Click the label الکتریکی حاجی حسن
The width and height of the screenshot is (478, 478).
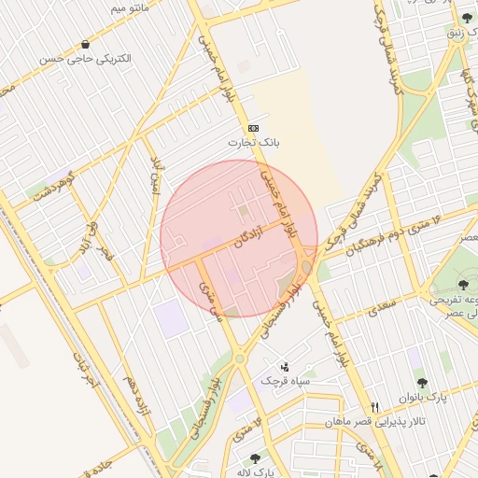(86, 59)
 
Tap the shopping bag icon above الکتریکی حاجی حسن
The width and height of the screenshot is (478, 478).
(86, 44)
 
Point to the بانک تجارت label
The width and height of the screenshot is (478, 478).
(254, 143)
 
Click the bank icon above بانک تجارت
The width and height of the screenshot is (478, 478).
(253, 128)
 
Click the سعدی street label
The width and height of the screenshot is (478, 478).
(381, 307)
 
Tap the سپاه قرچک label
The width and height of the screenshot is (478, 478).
(285, 381)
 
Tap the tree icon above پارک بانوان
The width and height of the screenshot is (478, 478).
(421, 382)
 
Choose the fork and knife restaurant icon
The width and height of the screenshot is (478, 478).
(375, 407)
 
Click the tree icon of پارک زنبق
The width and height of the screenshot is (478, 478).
(467, 18)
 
